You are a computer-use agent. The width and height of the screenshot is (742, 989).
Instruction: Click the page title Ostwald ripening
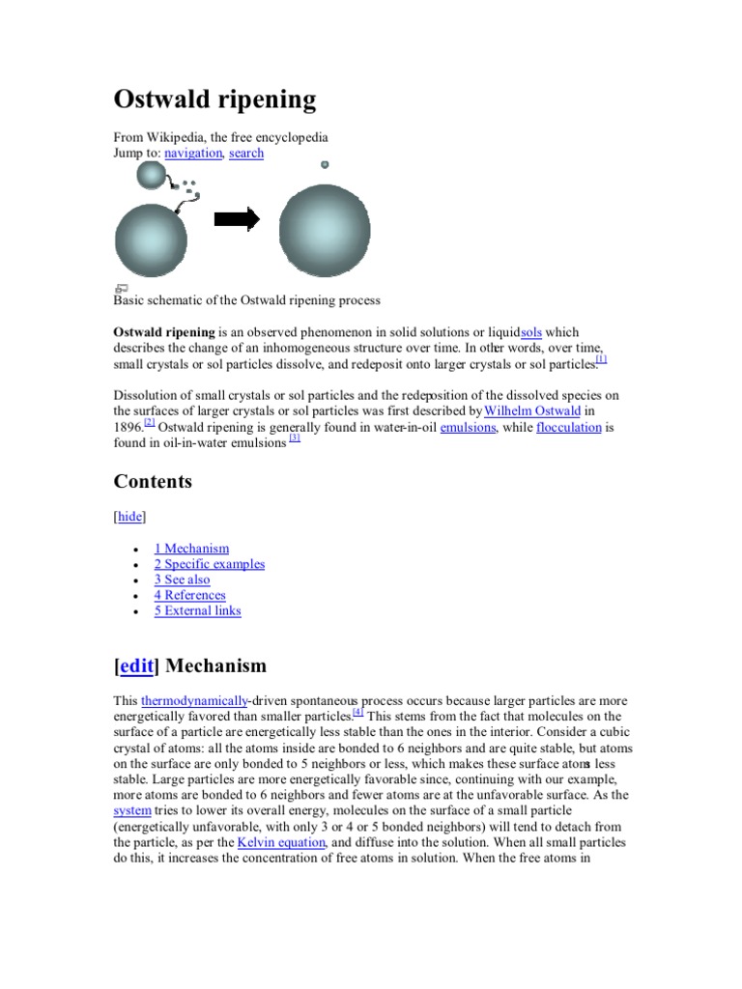click(x=214, y=99)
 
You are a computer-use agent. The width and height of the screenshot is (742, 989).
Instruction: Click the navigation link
click(x=193, y=153)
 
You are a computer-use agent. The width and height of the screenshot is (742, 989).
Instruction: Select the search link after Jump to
click(x=246, y=153)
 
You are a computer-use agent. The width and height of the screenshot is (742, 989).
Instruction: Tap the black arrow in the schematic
click(x=237, y=219)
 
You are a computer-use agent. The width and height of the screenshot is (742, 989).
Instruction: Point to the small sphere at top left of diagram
click(x=152, y=175)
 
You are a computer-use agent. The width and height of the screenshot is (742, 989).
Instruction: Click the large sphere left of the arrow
click(x=151, y=240)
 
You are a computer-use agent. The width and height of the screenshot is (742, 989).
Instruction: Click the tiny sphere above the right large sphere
click(x=325, y=164)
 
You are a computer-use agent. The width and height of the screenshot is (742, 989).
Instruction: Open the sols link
click(x=530, y=332)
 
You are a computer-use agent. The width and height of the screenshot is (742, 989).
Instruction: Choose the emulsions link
click(x=468, y=427)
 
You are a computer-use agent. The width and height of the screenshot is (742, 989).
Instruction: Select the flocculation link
click(x=569, y=427)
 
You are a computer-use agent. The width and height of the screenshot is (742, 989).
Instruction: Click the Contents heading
click(x=153, y=481)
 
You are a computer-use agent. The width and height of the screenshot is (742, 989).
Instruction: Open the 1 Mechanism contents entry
click(x=191, y=549)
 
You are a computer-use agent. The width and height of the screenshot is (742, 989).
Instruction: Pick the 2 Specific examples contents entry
click(x=209, y=564)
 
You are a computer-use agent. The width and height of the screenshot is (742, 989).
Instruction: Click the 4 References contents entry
click(x=189, y=595)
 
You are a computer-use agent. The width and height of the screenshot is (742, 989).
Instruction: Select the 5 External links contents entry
click(x=197, y=610)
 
